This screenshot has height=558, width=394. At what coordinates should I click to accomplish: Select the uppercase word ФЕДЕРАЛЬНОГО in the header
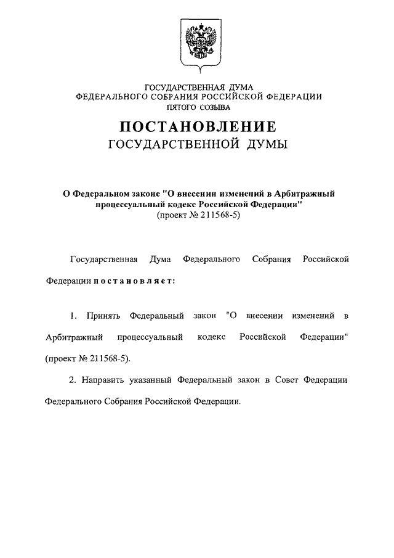coord(110,97)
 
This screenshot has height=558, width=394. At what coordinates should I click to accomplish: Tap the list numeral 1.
coord(73,316)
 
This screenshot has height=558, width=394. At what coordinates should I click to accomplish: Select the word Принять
coord(104,316)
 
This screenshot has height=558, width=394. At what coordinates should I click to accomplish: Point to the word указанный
coord(151,380)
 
